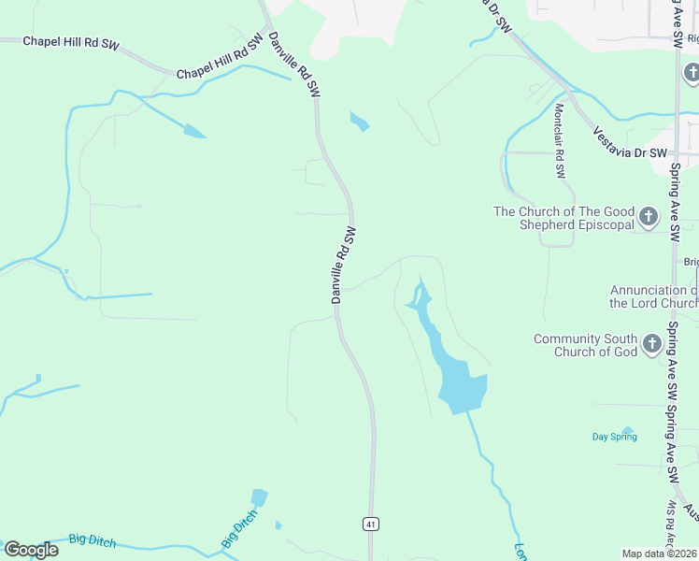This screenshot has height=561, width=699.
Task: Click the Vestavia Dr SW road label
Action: coord(630,139)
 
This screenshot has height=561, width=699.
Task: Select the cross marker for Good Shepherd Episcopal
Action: coord(649,219)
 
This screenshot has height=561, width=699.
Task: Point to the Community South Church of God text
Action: coord(585,345)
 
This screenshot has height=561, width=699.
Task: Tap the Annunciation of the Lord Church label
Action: coord(653,296)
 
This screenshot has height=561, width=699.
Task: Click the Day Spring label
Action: coord(613,437)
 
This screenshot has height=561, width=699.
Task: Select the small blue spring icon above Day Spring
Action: coord(628,431)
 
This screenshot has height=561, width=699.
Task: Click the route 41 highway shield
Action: coord(371,525)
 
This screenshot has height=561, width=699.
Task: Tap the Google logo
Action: coord(31,549)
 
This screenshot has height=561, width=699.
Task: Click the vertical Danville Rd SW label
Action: coord(343,265)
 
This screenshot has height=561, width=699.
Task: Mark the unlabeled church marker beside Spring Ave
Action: coord(690,72)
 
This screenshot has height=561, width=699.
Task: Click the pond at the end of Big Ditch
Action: coord(259,497)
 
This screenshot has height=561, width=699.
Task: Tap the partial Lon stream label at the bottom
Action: coord(521,551)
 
